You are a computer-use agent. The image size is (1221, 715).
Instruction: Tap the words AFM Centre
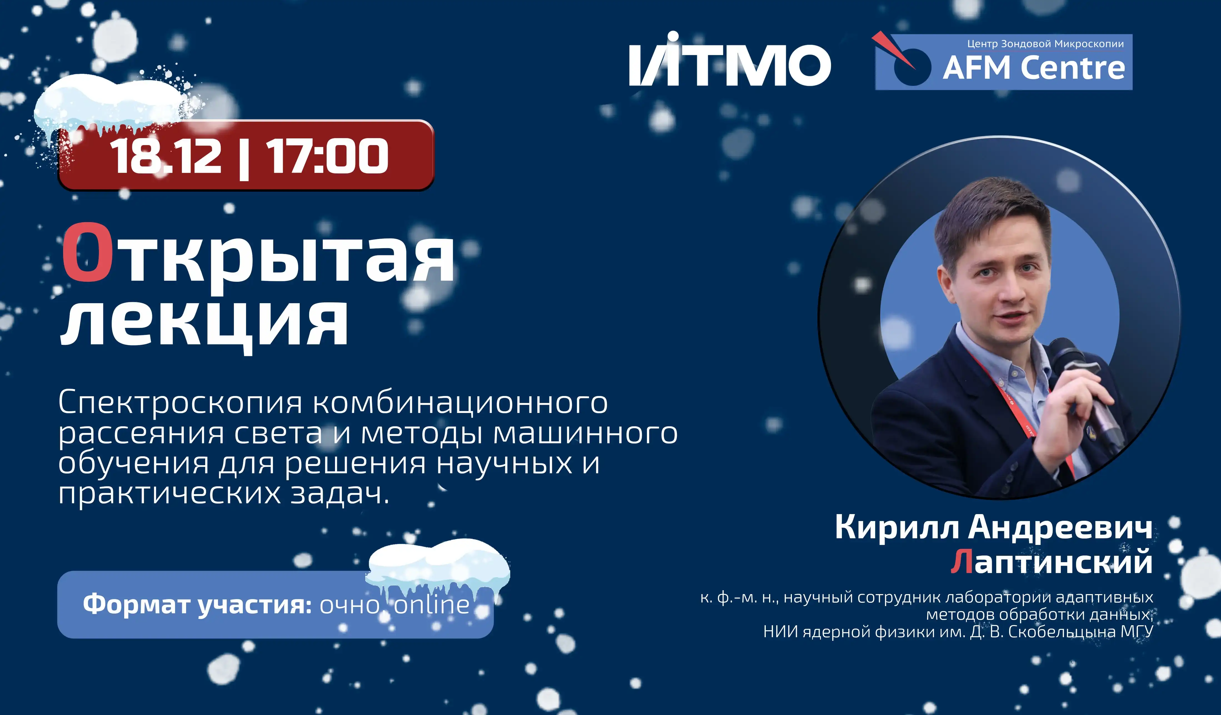(1034, 68)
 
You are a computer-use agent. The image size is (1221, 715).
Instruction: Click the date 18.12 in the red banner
(166, 156)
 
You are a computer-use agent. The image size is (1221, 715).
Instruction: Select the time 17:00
(327, 156)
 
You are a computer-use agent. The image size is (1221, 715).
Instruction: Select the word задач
(339, 494)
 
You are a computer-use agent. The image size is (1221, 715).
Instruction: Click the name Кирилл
(896, 527)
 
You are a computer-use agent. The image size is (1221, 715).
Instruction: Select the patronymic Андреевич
(1060, 527)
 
